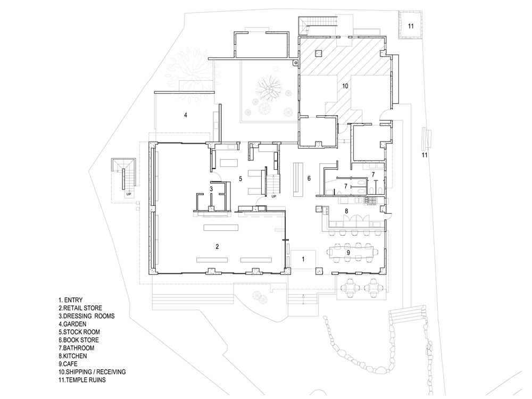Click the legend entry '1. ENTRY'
(71, 300)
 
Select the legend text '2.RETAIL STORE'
(80, 308)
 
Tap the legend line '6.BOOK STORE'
(78, 340)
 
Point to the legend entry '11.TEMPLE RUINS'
(82, 380)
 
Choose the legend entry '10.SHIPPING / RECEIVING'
(92, 372)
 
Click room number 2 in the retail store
(217, 247)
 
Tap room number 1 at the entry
(303, 259)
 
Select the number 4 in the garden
(186, 115)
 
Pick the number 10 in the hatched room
(345, 86)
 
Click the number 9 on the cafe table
(348, 252)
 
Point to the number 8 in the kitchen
(346, 211)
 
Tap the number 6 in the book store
(309, 178)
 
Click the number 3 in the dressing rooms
(211, 189)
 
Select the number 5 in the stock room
(240, 178)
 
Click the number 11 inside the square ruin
(411, 26)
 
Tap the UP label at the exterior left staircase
(129, 195)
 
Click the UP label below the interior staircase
(274, 196)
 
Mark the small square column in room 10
(318, 53)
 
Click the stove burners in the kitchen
(371, 201)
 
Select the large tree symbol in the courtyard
(269, 89)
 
